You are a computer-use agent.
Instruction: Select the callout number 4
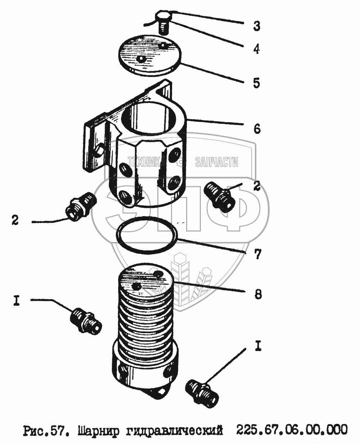tap(256, 49)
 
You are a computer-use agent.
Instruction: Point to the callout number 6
tap(257, 129)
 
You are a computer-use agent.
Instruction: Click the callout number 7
tap(257, 255)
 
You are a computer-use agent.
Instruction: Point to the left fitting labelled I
tap(86, 319)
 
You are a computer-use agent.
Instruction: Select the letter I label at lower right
tap(258, 346)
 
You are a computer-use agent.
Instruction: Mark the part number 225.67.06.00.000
tap(292, 430)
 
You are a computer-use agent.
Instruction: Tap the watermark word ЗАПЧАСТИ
tap(216, 162)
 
